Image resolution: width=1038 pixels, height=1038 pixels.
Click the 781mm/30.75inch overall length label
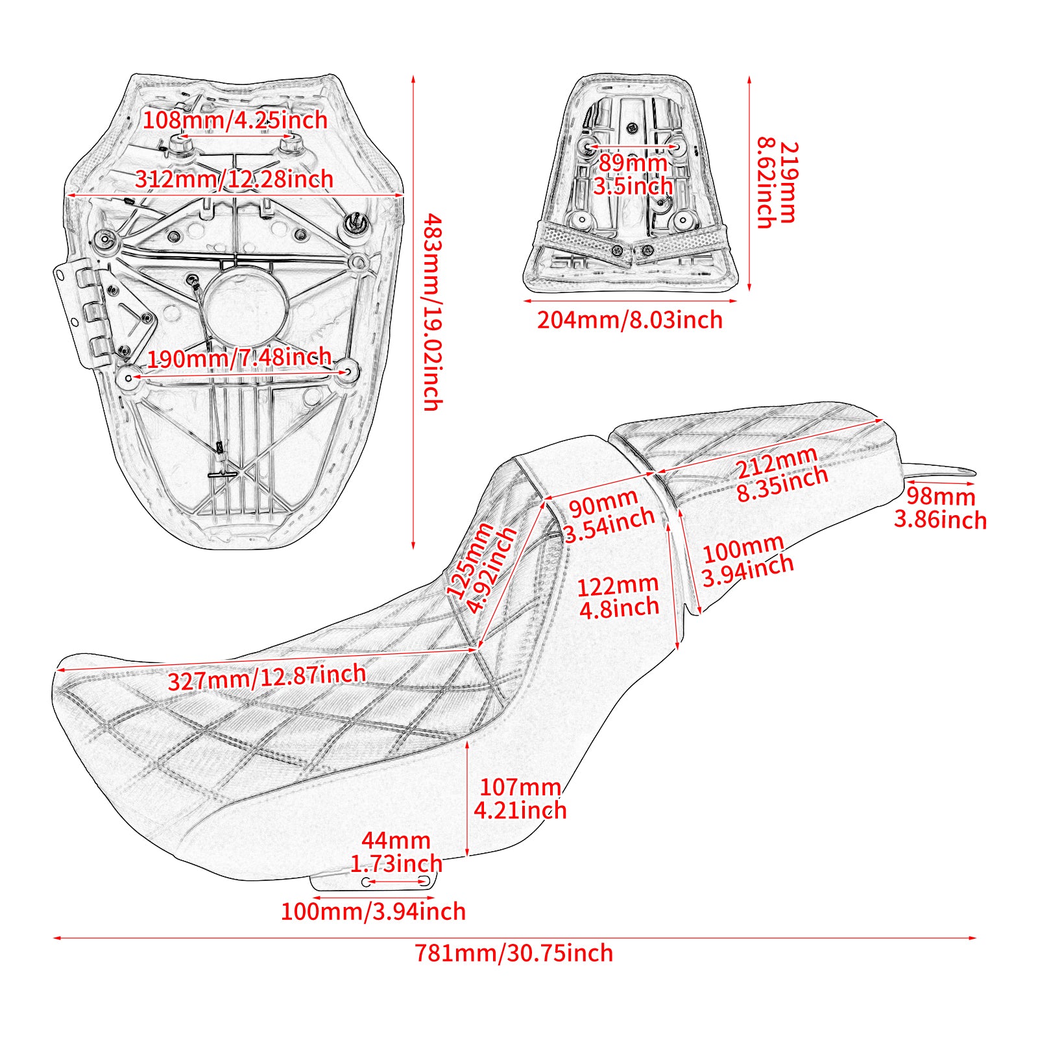coord(514,953)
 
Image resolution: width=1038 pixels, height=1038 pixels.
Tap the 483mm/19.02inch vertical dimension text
coord(433,313)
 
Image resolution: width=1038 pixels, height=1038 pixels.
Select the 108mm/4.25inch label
coord(235,120)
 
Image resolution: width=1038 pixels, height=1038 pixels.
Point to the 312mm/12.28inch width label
coord(234,179)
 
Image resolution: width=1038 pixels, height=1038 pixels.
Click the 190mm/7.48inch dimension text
coord(239,357)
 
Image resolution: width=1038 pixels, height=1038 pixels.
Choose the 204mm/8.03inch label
coord(629,320)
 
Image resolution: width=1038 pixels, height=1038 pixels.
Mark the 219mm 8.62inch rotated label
coord(777,184)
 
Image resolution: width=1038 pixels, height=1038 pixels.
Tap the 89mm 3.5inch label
coord(633,174)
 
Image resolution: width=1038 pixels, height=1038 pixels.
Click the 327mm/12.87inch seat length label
coord(267,678)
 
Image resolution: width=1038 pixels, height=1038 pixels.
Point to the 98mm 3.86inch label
coord(940,508)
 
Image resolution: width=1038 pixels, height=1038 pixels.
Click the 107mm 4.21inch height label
coord(520,799)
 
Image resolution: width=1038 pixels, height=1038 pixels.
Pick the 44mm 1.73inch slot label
coord(396,852)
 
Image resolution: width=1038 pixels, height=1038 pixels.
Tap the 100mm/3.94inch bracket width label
coord(373,911)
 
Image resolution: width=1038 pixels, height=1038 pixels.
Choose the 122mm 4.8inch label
coord(618,597)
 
